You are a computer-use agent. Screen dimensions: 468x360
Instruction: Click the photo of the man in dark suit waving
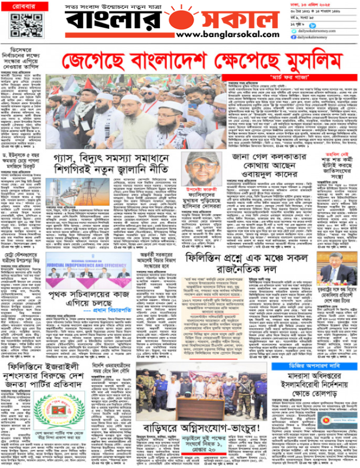tap(336, 267)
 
